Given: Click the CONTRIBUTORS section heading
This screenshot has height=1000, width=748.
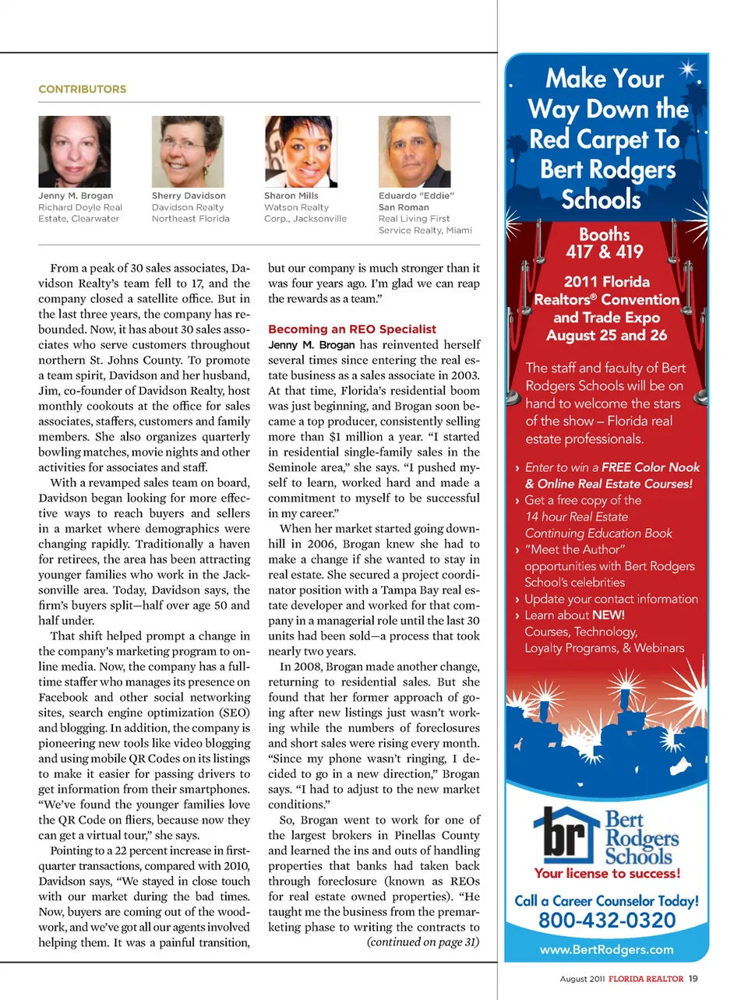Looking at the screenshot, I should (x=82, y=90).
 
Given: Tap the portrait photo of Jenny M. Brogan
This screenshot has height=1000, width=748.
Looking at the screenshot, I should (x=74, y=152).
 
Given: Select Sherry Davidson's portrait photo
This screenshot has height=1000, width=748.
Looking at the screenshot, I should (x=187, y=152).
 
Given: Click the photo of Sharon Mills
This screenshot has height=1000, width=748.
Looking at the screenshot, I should (x=301, y=152).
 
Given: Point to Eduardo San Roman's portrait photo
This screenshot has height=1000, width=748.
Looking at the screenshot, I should (x=414, y=152).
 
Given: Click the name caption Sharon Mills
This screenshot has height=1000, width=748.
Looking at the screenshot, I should (x=291, y=196).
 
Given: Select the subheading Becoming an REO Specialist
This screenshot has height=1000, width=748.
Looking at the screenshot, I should (x=351, y=329).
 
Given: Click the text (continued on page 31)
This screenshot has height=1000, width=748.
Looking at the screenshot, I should (x=423, y=942).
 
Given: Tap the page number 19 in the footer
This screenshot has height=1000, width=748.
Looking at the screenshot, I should (x=693, y=979).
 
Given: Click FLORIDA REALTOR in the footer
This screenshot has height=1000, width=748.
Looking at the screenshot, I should (x=645, y=979).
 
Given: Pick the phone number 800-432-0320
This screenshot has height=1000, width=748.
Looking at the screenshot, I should (x=607, y=921).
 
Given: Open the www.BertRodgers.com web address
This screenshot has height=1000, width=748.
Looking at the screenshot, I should (x=606, y=950).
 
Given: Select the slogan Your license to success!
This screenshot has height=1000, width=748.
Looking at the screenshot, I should (x=607, y=874).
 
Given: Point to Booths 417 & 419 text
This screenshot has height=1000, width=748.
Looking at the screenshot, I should (x=605, y=243).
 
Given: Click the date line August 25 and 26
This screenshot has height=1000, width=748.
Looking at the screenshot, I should (x=606, y=336).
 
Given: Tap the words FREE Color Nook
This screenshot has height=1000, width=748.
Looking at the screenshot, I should (x=651, y=467).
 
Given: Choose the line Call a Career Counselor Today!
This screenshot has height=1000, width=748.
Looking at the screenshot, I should (x=606, y=901).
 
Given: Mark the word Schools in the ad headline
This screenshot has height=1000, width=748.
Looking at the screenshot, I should (x=601, y=200).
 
